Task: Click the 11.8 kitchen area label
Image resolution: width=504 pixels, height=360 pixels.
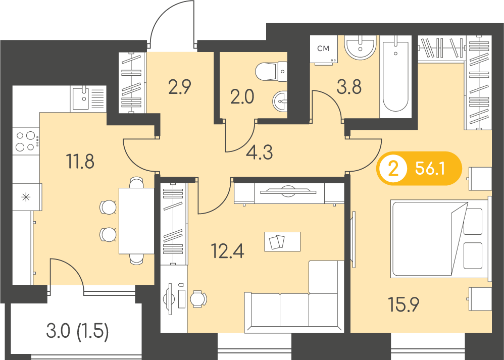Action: (x=80, y=161)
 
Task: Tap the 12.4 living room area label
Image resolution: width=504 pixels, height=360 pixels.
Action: (x=227, y=251)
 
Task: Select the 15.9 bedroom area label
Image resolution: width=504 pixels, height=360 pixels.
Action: (x=404, y=304)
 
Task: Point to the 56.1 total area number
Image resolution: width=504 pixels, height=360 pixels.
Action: (x=430, y=168)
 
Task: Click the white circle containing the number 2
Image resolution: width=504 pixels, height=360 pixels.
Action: (x=393, y=169)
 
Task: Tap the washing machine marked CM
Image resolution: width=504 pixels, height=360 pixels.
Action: (x=324, y=49)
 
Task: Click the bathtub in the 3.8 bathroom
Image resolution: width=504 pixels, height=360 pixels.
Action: (x=396, y=76)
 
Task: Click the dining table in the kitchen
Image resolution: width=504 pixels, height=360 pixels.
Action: (x=137, y=221)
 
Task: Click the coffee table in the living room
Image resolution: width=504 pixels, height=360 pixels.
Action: (x=282, y=241)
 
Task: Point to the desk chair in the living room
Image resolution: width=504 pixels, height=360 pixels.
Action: (x=198, y=299)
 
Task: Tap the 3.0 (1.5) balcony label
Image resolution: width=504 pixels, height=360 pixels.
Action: (x=77, y=331)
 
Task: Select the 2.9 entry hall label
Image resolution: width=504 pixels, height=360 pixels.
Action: (x=180, y=87)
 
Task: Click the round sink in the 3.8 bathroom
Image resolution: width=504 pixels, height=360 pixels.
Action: (x=360, y=47)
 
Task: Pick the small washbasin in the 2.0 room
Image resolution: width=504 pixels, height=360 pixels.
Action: (x=280, y=101)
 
